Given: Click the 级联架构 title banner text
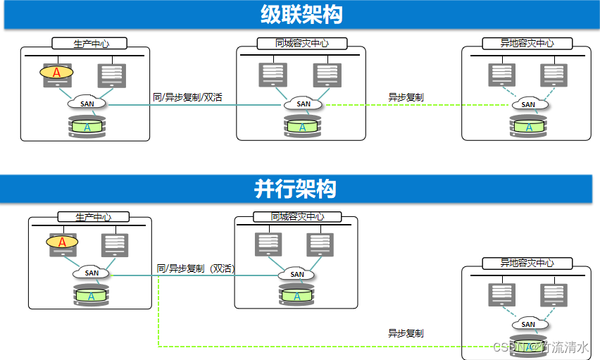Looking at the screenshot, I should (x=301, y=15).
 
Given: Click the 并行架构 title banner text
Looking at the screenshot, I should (x=295, y=189).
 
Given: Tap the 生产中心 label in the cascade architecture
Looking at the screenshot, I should (x=91, y=44).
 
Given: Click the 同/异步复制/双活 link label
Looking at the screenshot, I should (x=187, y=97).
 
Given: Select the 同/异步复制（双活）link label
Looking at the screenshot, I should (x=195, y=268).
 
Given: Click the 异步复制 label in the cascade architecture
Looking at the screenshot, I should (x=406, y=97).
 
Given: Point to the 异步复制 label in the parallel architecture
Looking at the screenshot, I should (x=406, y=333).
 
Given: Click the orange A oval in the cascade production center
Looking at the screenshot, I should (x=57, y=72).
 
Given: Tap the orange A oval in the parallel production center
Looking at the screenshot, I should (x=62, y=242).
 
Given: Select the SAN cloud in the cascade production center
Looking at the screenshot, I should (x=87, y=104).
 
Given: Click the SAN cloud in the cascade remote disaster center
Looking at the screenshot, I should (x=528, y=104).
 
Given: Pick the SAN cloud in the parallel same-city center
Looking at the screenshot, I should (x=297, y=274).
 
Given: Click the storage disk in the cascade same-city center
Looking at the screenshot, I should (x=303, y=127).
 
